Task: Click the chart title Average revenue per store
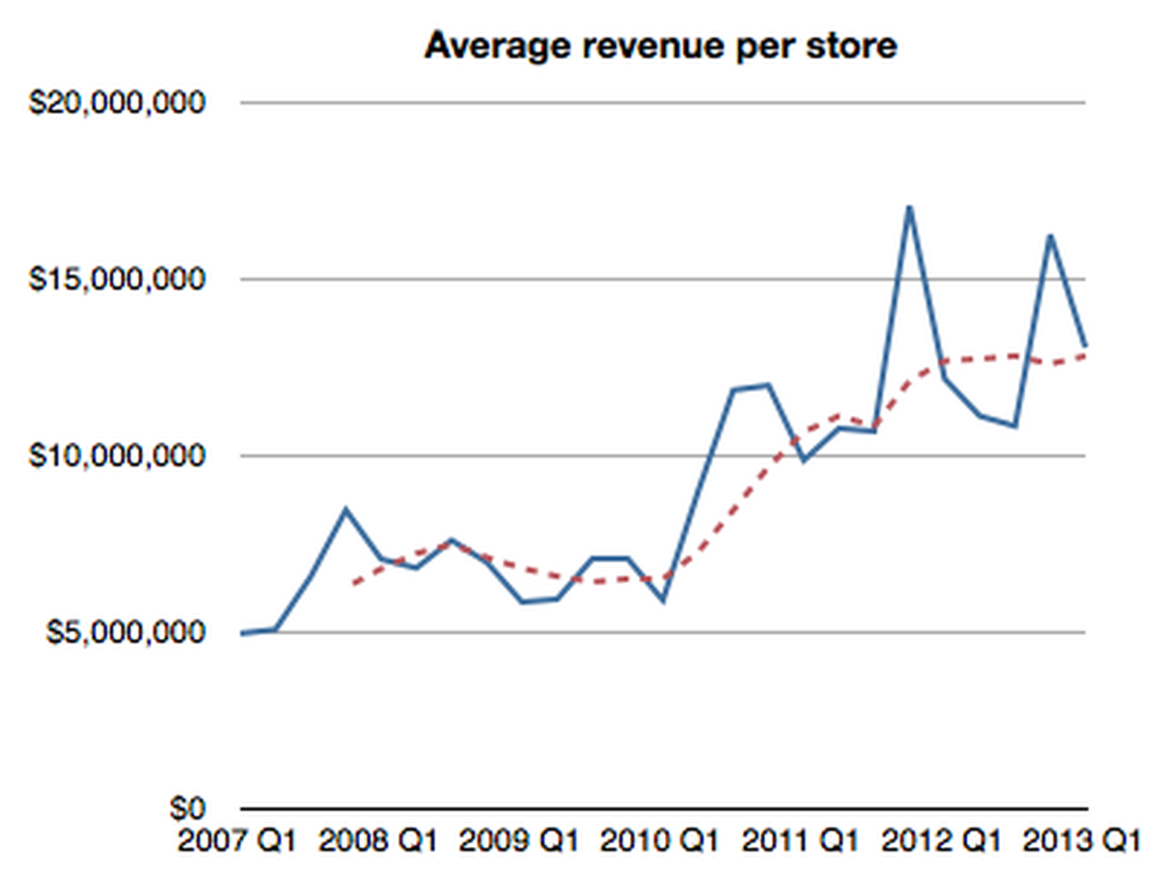[661, 46]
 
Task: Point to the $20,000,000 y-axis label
[117, 103]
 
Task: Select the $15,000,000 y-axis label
[117, 279]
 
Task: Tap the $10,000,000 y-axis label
[117, 456]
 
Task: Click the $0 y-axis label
[188, 809]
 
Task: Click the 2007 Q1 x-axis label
[237, 842]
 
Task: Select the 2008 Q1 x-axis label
[378, 842]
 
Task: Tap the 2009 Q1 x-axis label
[519, 842]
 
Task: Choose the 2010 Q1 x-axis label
[660, 842]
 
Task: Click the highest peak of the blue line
[910, 208]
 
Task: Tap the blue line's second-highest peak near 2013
[1050, 236]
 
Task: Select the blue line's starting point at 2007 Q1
[243, 633]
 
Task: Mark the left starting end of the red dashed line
[353, 583]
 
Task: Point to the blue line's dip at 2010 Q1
[663, 600]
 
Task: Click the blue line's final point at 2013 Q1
[1084, 347]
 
